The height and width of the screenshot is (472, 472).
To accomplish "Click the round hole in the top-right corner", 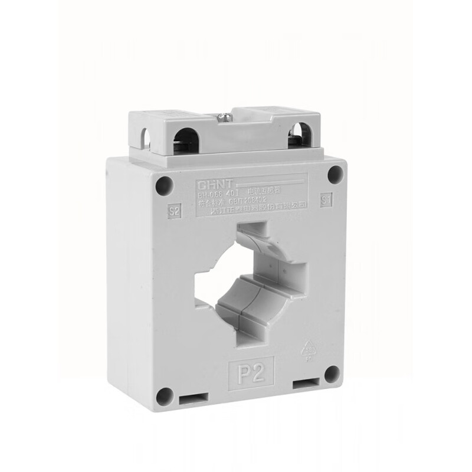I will pyautogui.click(x=335, y=173).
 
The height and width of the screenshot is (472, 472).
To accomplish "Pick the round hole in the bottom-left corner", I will pyautogui.click(x=165, y=396).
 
